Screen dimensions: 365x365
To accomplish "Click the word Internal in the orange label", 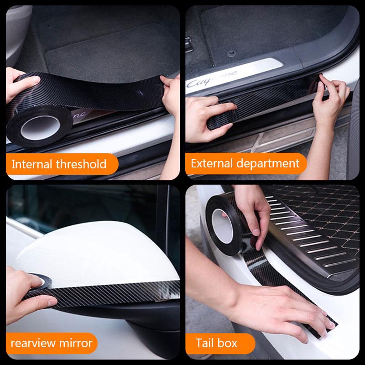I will pyautogui.click(x=31, y=164).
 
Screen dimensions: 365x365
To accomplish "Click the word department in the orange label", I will pyautogui.click(x=271, y=163).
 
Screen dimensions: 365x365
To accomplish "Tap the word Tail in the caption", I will pyautogui.click(x=206, y=343).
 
